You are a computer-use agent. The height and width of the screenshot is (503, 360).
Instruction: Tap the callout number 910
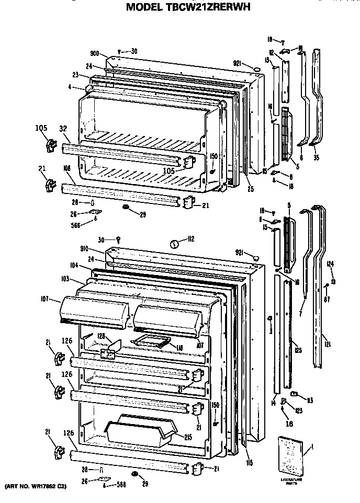point(98,249)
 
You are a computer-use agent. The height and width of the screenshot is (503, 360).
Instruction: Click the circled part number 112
point(176,242)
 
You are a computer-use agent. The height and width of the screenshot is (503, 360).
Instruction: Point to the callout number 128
point(101,336)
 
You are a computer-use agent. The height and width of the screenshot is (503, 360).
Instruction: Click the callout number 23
point(75,75)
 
